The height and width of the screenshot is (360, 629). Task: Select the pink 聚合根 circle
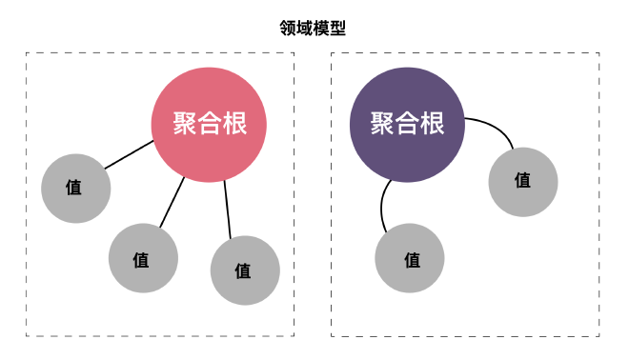[x=209, y=125]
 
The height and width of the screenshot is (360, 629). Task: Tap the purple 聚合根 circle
[x=407, y=125]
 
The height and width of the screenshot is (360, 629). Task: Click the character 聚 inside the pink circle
[x=184, y=125]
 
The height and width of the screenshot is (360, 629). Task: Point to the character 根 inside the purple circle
[x=432, y=125]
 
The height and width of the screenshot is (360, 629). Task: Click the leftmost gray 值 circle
[x=75, y=188]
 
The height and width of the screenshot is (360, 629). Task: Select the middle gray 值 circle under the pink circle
[x=143, y=258]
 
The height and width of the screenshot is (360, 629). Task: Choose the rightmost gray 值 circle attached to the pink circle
[x=245, y=270]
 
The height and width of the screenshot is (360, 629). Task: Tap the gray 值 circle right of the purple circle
[x=522, y=181]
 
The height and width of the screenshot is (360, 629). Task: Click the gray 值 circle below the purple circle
[x=410, y=258]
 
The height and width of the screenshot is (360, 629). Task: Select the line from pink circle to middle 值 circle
[x=172, y=202]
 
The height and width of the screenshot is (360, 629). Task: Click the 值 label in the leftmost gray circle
[x=74, y=188]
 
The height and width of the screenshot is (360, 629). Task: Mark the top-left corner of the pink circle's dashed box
[x=27, y=53]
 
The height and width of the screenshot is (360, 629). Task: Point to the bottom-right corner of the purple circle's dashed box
[x=599, y=335]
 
